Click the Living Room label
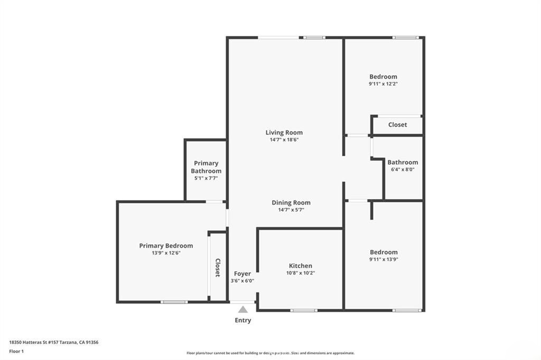tap(284, 132)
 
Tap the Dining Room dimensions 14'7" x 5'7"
tap(291, 210)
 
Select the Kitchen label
tap(300, 266)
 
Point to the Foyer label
tap(242, 273)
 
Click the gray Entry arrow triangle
tap(242, 309)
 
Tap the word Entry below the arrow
tap(243, 320)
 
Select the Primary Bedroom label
tap(166, 245)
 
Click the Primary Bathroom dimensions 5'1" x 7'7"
tap(206, 178)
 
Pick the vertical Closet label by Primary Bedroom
tap(217, 268)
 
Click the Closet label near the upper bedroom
tap(397, 125)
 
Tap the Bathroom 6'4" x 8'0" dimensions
tap(403, 169)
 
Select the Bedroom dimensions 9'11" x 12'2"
tap(383, 83)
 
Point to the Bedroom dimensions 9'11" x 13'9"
tap(384, 259)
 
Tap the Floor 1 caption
tap(16, 351)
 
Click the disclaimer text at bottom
tap(270, 353)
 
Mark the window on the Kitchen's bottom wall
tap(304, 310)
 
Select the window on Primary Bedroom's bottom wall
tap(174, 302)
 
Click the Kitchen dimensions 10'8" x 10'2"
tap(300, 273)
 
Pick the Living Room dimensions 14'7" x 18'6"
tap(284, 140)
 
